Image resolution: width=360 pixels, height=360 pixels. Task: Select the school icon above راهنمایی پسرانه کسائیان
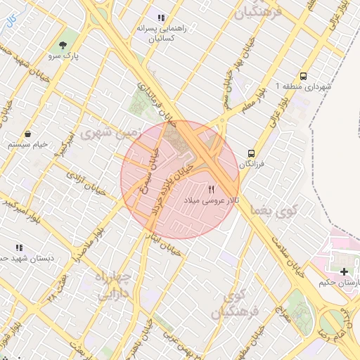161,18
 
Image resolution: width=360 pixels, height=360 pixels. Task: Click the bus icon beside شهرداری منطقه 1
303,76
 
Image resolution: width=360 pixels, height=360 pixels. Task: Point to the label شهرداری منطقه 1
302,86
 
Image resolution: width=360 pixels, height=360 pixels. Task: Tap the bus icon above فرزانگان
250,153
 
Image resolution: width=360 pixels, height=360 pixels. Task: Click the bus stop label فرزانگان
251,164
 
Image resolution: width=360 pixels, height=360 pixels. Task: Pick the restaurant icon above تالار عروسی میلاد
212,190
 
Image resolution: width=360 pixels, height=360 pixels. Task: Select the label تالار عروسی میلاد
212,201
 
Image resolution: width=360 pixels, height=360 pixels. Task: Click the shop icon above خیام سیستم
27,134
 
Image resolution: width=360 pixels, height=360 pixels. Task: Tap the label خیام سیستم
27,144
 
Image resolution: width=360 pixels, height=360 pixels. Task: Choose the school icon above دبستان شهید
19,247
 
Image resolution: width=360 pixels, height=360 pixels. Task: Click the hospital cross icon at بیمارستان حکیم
344,271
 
